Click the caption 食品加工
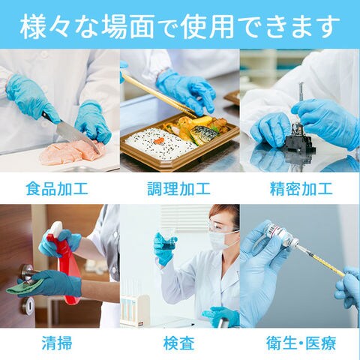pos(57,188)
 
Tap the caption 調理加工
pos(178,188)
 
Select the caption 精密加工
pos(301,188)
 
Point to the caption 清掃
pos(57,343)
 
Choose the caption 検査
pos(178,343)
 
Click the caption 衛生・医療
pos(301,343)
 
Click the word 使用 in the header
pos(208,26)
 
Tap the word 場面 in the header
pos(127,26)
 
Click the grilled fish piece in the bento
pos(204,134)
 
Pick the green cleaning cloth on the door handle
pos(25,286)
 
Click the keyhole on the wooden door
pos(28,305)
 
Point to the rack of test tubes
pos(134,310)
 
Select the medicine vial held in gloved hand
pos(280,234)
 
